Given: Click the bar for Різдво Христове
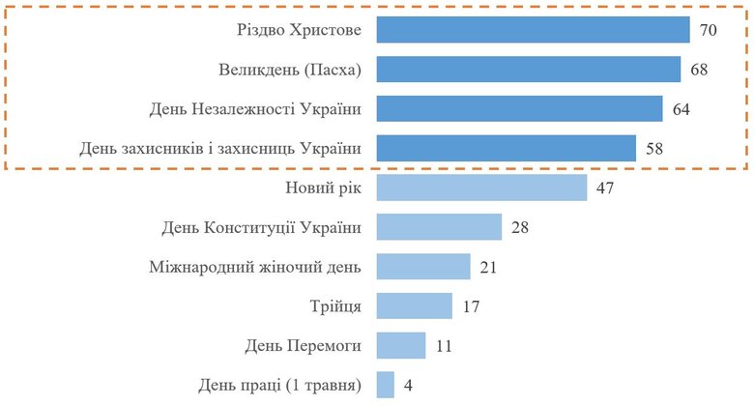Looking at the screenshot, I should point(532,30).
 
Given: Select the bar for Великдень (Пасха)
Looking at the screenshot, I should point(528,70).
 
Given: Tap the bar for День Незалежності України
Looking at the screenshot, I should point(519,109).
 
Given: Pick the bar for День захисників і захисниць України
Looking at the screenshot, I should point(506,148).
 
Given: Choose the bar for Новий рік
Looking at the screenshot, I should point(480,188).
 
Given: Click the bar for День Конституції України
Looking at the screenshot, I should point(438,227).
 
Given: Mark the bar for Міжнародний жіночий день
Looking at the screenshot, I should point(422,267).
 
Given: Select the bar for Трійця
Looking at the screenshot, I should point(414,306).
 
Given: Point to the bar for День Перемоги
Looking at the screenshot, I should point(400,345).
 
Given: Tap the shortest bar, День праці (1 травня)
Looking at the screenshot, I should point(385,385).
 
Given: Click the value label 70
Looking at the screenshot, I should point(708,31).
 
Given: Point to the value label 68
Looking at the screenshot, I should point(699,71).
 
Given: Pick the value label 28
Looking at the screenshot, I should point(519,228).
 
